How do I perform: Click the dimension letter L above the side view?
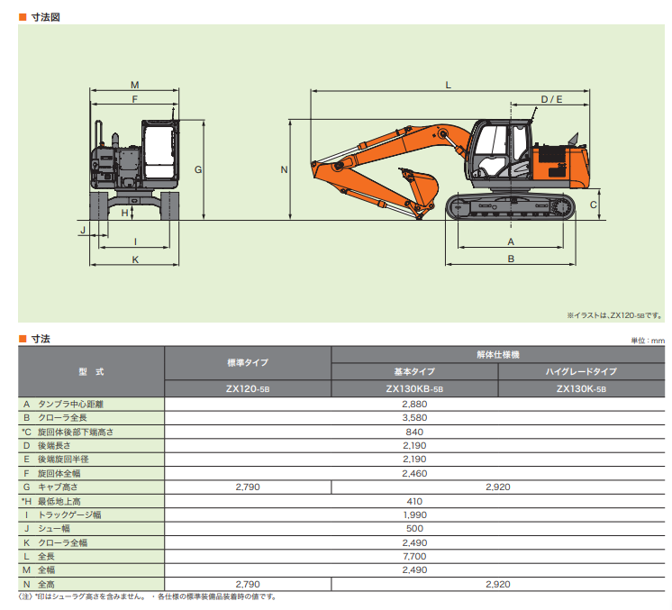point(448,85)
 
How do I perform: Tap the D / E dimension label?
point(551,98)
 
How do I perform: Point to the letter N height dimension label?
point(283,169)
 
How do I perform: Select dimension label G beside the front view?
point(197,169)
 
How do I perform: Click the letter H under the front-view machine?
point(124,213)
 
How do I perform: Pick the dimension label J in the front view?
point(82,231)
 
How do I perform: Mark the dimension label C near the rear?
point(593,205)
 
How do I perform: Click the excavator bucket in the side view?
point(420,188)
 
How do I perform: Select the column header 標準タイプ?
point(248,362)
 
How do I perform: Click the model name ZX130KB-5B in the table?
point(414,389)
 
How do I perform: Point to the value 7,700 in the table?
point(414,558)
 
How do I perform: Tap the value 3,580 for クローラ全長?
point(414,418)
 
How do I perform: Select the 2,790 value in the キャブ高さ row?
point(248,486)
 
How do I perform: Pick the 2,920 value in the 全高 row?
point(497,585)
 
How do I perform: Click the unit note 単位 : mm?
point(646,341)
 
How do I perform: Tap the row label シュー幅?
point(54,528)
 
